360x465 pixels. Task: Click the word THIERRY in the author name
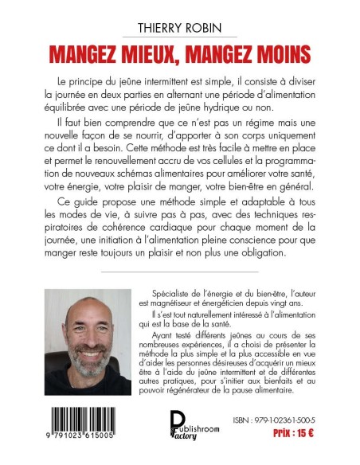153,29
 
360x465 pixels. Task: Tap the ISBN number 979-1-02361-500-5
272,426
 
